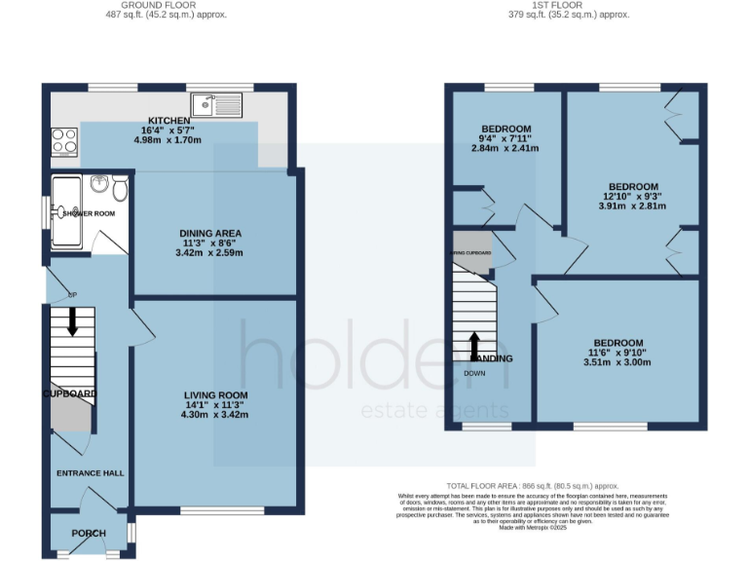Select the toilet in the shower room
(120, 187)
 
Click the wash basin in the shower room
(99, 184)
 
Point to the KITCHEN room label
(168, 120)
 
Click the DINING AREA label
(209, 233)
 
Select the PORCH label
(89, 533)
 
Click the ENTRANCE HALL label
(89, 472)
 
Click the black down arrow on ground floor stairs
(72, 322)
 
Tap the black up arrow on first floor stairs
(475, 345)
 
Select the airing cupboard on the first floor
(471, 249)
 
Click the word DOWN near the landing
(474, 373)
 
